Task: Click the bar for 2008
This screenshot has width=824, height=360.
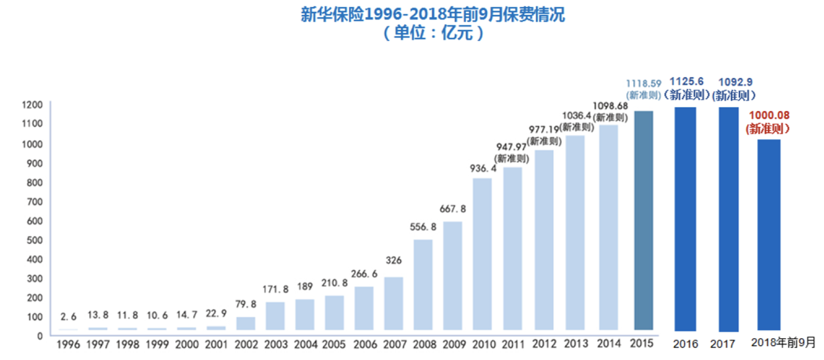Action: (x=423, y=285)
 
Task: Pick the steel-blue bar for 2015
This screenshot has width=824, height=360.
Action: (x=643, y=220)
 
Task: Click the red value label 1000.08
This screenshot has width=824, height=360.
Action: (x=767, y=115)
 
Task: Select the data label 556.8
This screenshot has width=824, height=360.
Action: (x=423, y=227)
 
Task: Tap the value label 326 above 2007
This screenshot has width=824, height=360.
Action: (x=393, y=261)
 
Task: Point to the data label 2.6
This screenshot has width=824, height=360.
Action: (x=68, y=317)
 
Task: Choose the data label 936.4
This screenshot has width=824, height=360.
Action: (x=482, y=169)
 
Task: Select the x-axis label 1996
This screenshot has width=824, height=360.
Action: (x=68, y=344)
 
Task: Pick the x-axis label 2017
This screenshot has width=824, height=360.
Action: (x=723, y=344)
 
